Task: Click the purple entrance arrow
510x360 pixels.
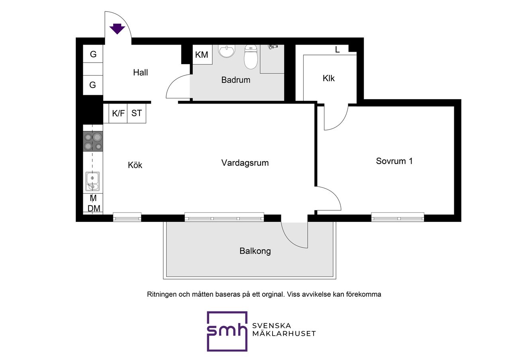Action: pos(117,29)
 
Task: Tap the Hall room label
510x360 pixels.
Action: pos(141,72)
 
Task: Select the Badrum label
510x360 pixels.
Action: pos(235,80)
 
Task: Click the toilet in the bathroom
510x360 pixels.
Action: pos(251,57)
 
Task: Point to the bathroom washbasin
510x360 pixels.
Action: pos(227,51)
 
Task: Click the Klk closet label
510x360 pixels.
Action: pos(329,78)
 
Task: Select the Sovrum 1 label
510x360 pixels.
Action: pos(394,161)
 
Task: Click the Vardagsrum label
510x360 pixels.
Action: pos(245,163)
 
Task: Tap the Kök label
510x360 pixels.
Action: pos(135,165)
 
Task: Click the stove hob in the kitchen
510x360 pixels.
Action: pos(93,141)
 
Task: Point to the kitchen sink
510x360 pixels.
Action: pos(92,181)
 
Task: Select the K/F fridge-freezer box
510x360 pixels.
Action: pos(118,113)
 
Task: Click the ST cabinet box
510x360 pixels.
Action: pos(137,113)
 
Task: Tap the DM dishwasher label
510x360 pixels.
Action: pos(94,208)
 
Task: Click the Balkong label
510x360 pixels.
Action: pos(255,251)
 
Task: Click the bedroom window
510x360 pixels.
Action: pos(398,217)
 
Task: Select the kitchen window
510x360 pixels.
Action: pos(127,217)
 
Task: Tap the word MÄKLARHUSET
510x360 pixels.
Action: pos(284,334)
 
